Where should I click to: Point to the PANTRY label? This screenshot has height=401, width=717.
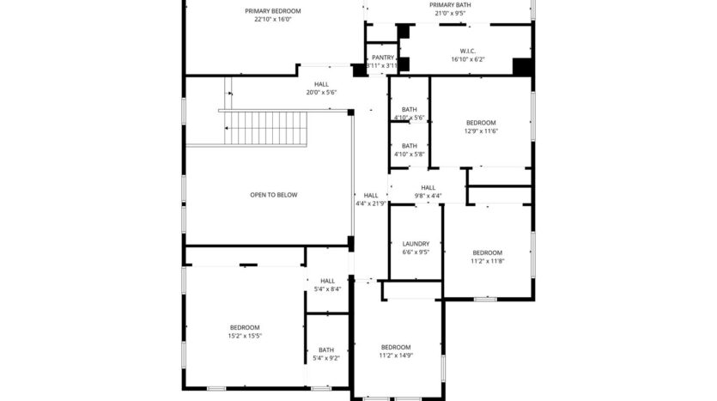click(383, 58)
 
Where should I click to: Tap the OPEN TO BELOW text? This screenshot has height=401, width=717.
click(273, 195)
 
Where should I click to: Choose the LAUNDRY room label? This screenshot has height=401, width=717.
click(416, 244)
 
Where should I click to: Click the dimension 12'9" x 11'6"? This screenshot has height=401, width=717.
click(481, 131)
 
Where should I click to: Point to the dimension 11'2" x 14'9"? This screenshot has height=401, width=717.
click(395, 355)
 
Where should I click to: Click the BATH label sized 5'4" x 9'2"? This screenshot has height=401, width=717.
click(326, 349)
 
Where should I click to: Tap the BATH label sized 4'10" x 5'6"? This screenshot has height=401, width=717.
click(410, 109)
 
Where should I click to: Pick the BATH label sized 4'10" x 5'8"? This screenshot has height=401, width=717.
click(410, 146)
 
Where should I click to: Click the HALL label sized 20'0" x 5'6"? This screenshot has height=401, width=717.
click(321, 84)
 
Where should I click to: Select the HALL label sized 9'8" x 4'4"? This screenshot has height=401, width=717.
click(428, 187)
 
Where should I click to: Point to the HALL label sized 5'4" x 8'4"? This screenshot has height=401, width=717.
click(327, 281)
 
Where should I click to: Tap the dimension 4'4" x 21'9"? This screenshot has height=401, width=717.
click(370, 204)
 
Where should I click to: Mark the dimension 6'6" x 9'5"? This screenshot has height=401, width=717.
click(416, 252)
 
